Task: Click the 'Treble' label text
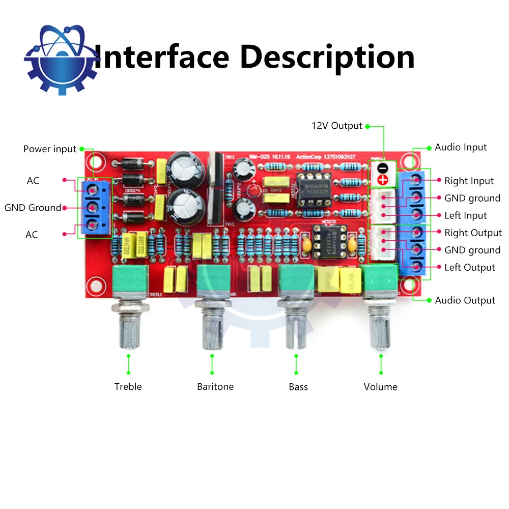pyautogui.click(x=128, y=387)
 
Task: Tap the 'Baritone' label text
pyautogui.click(x=215, y=387)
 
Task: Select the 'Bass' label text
pyautogui.click(x=298, y=387)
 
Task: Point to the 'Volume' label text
pyautogui.click(x=380, y=387)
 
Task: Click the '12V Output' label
pyautogui.click(x=337, y=126)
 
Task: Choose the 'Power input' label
pyautogui.click(x=49, y=149)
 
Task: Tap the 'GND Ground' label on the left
pyautogui.click(x=33, y=208)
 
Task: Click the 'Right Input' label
pyautogui.click(x=469, y=181)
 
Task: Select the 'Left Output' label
pyautogui.click(x=469, y=268)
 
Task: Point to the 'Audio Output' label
pyautogui.click(x=465, y=300)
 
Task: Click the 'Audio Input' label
pyautogui.click(x=461, y=147)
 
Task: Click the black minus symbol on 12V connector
pyautogui.click(x=383, y=167)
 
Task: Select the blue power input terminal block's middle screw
pyautogui.click(x=93, y=208)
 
